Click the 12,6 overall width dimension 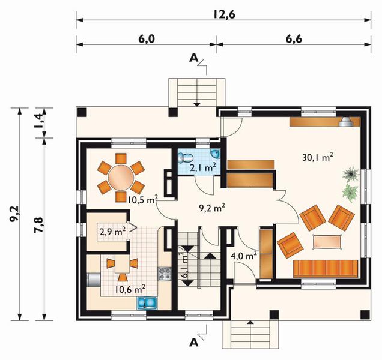pyautogui.click(x=224, y=14)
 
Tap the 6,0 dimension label pyautogui.click(x=147, y=39)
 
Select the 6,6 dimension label pyautogui.click(x=294, y=39)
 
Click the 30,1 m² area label pyautogui.click(x=318, y=157)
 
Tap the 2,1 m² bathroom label pyautogui.click(x=203, y=167)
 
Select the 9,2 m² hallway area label pyautogui.click(x=211, y=208)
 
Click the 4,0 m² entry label pyautogui.click(x=244, y=256)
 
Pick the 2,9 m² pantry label pyautogui.click(x=112, y=232)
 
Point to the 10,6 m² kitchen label pyautogui.click(x=130, y=289)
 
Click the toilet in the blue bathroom pyautogui.click(x=186, y=157)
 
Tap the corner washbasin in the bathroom pyautogui.click(x=216, y=153)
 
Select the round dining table pyautogui.click(x=121, y=178)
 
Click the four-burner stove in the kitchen pyautogui.click(x=165, y=274)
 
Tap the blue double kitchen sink pyautogui.click(x=147, y=303)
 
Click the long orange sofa pyautogui.click(x=326, y=268)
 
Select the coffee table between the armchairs pyautogui.click(x=327, y=242)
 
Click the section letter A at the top pyautogui.click(x=193, y=58)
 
